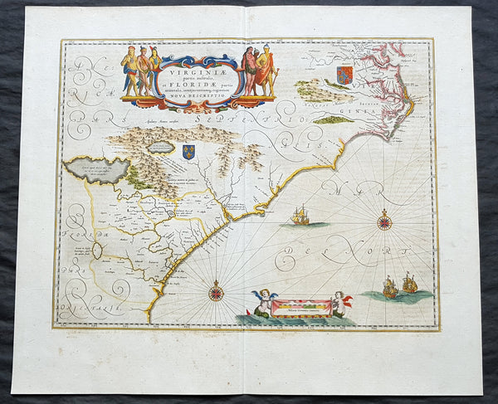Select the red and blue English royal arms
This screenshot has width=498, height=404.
pyautogui.click(x=344, y=75)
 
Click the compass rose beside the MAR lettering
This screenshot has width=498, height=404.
pyautogui.click(x=383, y=221)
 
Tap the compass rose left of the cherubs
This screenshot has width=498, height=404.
pyautogui.click(x=217, y=291)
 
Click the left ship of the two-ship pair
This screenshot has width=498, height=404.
pyautogui.click(x=390, y=288)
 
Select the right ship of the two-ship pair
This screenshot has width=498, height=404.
pyautogui.click(x=409, y=284)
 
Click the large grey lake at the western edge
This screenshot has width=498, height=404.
pyautogui.click(x=100, y=171)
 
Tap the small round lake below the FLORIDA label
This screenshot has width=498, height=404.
pyautogui.click(x=97, y=249)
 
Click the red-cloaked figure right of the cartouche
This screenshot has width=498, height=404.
pyautogui.click(x=265, y=71)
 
